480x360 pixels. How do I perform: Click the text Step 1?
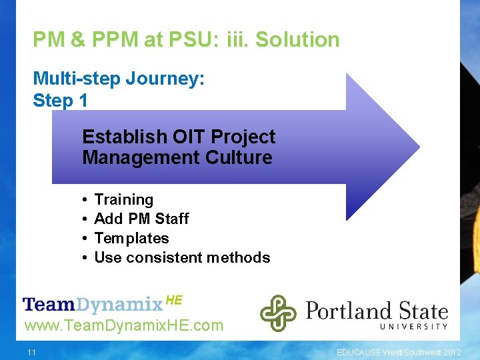tap(60, 101)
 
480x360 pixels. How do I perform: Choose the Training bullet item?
tap(123, 199)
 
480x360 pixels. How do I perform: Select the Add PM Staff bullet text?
tap(141, 219)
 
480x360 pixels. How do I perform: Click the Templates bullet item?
tap(131, 238)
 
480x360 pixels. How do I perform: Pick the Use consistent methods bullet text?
tap(182, 257)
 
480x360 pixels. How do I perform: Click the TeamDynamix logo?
tap(93, 305)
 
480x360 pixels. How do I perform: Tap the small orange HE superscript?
tap(173, 300)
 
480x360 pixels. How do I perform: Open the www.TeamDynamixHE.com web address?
tap(123, 326)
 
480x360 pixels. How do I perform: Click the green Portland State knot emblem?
tap(278, 313)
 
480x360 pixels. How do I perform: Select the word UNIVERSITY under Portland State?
tap(414, 327)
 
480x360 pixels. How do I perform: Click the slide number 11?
tap(31, 352)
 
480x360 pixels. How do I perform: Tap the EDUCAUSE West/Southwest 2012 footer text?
tap(398, 352)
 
